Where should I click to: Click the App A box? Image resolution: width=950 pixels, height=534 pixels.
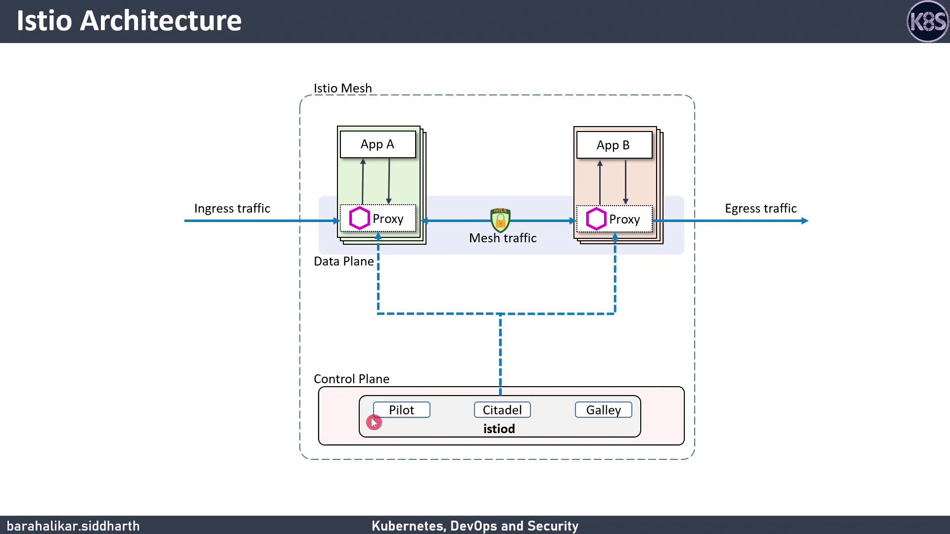(378, 144)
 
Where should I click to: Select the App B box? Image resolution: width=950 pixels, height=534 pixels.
(614, 145)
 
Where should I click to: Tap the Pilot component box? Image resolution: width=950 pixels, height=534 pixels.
(401, 410)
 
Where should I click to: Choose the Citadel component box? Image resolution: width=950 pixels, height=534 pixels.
(502, 410)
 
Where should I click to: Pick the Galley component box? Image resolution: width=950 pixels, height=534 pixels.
(603, 410)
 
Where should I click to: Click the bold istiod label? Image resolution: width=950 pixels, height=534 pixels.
(499, 429)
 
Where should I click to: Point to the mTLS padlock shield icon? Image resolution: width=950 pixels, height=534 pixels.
(500, 220)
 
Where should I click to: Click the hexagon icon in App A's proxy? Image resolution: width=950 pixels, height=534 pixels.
(360, 219)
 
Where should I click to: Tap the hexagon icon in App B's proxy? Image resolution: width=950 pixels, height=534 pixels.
(596, 219)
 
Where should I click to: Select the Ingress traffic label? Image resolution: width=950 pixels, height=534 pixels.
(232, 208)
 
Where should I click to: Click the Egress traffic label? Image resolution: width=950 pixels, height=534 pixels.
(760, 208)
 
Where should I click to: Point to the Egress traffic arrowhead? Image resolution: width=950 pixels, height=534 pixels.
(805, 221)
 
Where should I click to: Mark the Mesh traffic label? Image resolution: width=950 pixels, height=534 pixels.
(503, 238)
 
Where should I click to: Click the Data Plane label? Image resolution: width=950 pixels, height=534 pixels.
(344, 261)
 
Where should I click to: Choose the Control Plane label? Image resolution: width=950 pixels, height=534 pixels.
(351, 379)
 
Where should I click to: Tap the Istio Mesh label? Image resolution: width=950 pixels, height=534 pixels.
(342, 88)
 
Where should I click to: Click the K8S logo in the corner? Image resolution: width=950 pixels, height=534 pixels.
(928, 21)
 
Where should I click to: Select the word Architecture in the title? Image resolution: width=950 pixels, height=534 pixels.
(160, 21)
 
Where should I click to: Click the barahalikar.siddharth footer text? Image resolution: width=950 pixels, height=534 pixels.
(73, 526)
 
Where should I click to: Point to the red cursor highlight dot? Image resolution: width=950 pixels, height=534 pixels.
(374, 422)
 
